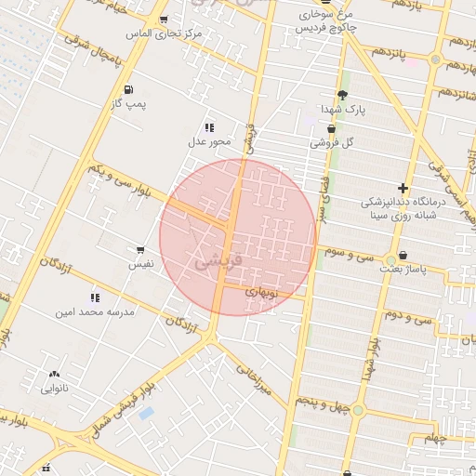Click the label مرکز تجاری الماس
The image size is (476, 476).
pyautogui.click(x=166, y=34)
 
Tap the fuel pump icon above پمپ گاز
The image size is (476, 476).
pyautogui.click(x=127, y=89)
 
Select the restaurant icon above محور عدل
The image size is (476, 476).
pyautogui.click(x=209, y=126)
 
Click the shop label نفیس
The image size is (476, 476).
pyautogui.click(x=140, y=264)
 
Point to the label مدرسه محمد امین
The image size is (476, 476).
pyautogui.click(x=96, y=311)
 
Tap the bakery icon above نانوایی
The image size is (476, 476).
pyautogui.click(x=54, y=375)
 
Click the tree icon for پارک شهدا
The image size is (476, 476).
pyautogui.click(x=342, y=95)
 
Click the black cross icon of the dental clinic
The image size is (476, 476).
pyautogui.click(x=403, y=188)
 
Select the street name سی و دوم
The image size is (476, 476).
pyautogui.click(x=410, y=316)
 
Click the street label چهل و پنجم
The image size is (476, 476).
pyautogui.click(x=319, y=401)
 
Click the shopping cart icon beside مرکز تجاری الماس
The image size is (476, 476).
pyautogui.click(x=165, y=20)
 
